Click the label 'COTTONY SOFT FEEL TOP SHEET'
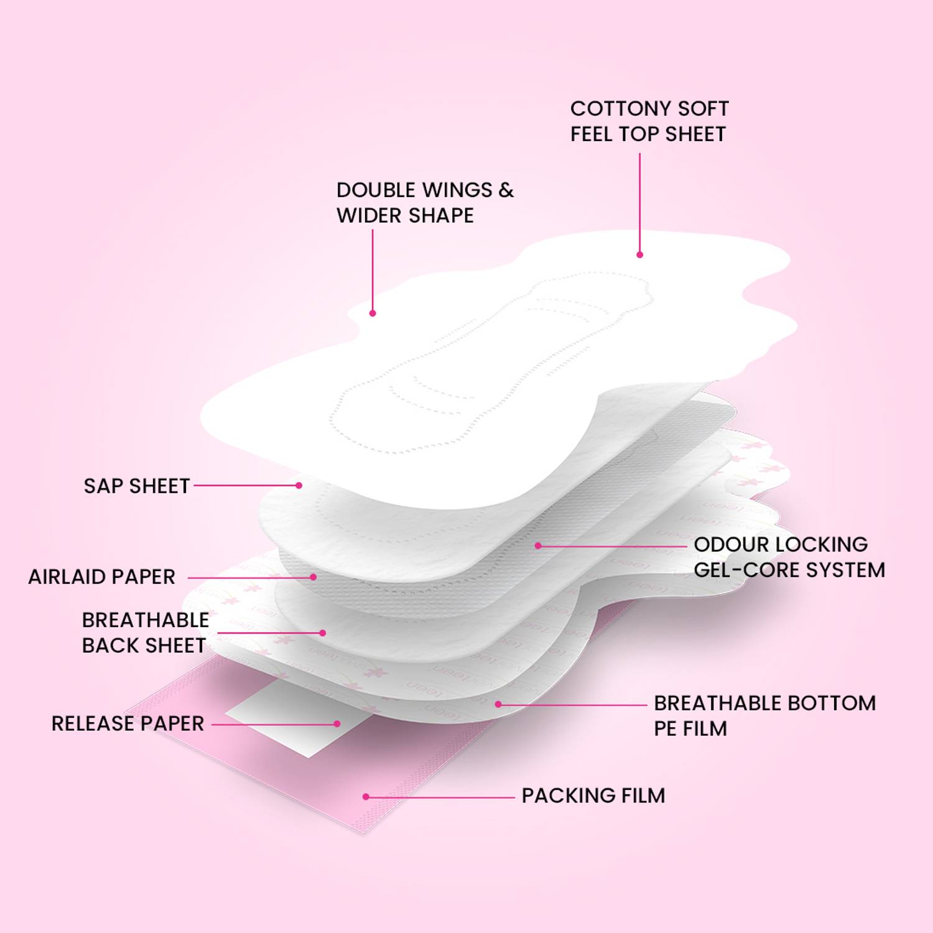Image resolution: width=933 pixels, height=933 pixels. (649, 121)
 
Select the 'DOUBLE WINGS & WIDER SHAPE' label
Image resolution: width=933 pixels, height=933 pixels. (425, 203)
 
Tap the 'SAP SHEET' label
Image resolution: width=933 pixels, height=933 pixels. (137, 486)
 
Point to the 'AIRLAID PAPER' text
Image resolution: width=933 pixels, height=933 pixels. (102, 577)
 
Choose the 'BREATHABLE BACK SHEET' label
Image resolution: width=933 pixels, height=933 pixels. (146, 633)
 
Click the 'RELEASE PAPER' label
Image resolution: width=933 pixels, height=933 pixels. (128, 723)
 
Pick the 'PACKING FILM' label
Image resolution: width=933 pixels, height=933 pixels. (593, 796)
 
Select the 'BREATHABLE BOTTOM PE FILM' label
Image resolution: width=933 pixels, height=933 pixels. (765, 716)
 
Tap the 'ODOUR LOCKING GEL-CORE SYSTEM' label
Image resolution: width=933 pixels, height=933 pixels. (789, 557)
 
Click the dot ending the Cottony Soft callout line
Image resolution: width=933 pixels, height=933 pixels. (639, 254)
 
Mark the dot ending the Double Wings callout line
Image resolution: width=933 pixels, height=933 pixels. (373, 313)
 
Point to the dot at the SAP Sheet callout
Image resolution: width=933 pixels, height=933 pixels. (299, 485)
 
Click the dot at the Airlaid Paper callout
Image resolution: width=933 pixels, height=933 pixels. (313, 577)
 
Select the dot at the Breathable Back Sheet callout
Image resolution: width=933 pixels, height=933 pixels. (323, 633)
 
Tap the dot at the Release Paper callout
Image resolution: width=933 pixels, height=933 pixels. (337, 724)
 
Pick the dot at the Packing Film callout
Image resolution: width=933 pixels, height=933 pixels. (366, 797)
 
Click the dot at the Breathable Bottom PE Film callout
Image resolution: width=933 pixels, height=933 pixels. (498, 704)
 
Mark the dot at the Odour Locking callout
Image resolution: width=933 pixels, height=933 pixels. (538, 545)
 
